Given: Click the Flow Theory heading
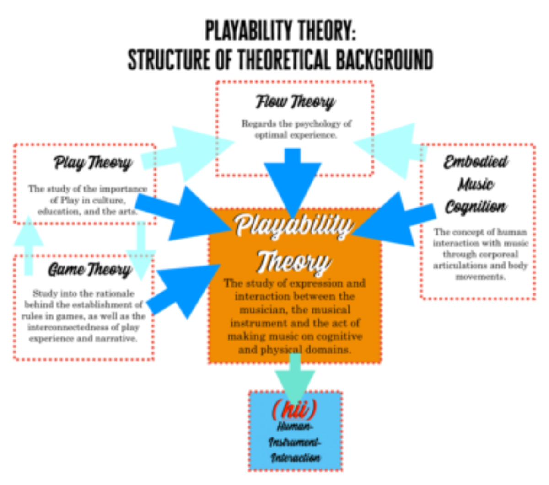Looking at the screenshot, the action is [x=295, y=102].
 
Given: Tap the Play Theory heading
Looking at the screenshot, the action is [x=93, y=163].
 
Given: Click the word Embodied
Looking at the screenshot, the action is [x=476, y=162].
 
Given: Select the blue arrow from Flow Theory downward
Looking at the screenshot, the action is [x=293, y=183].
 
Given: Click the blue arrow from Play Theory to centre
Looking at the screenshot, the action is [x=183, y=214].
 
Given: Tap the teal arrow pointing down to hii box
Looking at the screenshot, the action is [x=295, y=379].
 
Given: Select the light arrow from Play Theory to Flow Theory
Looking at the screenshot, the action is [x=188, y=153].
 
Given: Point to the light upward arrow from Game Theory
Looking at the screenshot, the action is [x=28, y=245].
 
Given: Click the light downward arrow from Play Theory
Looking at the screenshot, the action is [x=141, y=250].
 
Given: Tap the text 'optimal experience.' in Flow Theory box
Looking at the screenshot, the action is [x=296, y=135].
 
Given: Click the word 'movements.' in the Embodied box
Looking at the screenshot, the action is [x=480, y=277].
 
